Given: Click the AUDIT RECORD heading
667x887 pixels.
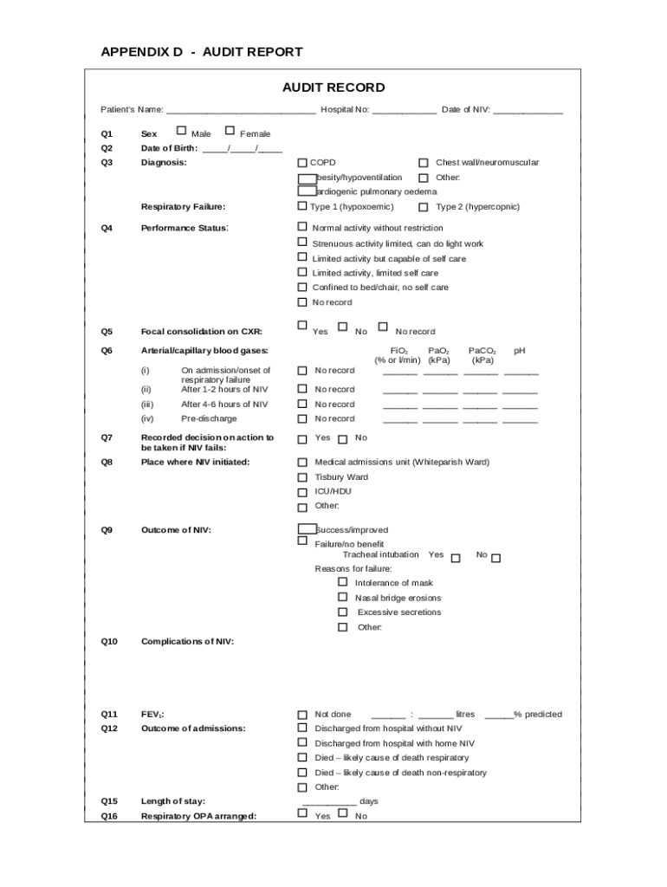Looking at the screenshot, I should [x=333, y=87].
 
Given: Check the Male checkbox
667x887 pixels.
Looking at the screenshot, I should [x=181, y=132].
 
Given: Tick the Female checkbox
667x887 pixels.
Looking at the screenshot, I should [x=230, y=132].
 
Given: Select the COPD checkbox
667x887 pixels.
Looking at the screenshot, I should [x=302, y=163].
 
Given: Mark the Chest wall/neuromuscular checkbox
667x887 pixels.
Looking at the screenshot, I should [x=424, y=163].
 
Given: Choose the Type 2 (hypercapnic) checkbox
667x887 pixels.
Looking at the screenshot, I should [x=424, y=207].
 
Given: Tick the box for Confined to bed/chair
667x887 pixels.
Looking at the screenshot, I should [x=302, y=287].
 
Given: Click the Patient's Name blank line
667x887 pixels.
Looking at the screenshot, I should [x=241, y=111].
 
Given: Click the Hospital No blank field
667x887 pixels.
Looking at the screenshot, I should [x=405, y=111].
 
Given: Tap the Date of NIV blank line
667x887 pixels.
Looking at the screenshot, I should [x=528, y=111].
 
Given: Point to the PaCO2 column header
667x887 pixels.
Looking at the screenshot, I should [x=482, y=355].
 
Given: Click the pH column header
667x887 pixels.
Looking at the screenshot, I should [x=520, y=351].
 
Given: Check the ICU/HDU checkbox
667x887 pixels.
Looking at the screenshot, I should [x=302, y=492].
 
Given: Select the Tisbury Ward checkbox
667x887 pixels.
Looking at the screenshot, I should [x=302, y=477].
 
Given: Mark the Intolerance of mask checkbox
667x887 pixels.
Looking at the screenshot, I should [x=343, y=583].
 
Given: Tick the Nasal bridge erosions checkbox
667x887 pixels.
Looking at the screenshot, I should [x=343, y=598].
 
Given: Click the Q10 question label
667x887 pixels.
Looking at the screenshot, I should [x=109, y=642].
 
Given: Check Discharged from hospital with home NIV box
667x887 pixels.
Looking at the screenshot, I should [x=302, y=743].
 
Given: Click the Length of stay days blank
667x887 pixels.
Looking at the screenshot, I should [x=329, y=802].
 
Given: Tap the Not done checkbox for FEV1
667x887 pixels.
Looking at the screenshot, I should [x=302, y=715].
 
